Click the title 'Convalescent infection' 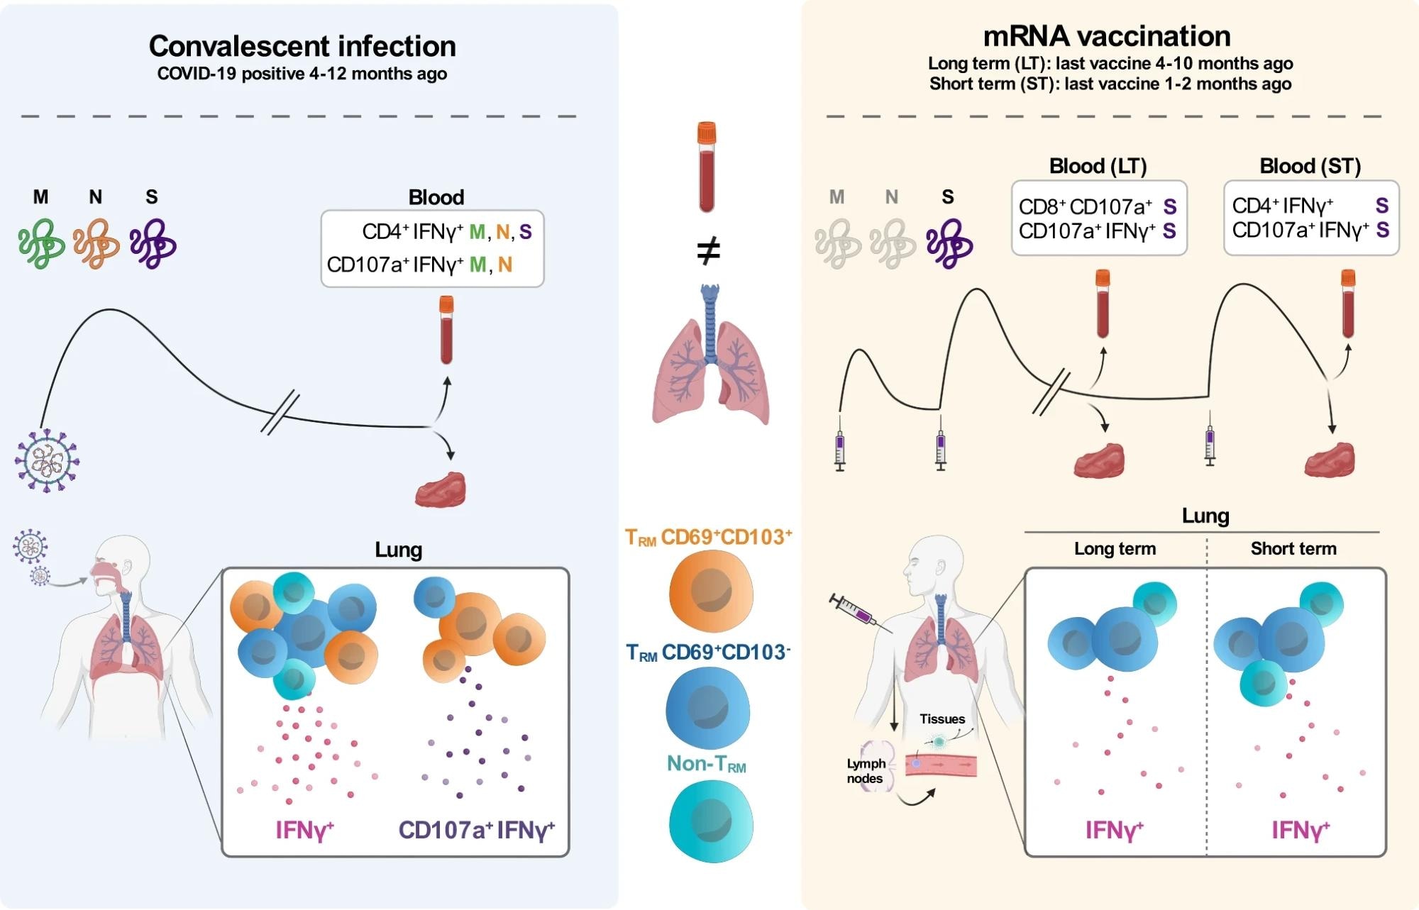[x=302, y=46]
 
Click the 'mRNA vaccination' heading [x=1107, y=36]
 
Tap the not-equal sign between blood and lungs [x=708, y=251]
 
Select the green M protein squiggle [x=41, y=243]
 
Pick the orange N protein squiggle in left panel [x=96, y=243]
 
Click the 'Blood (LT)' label [x=1098, y=166]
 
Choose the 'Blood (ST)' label [x=1310, y=166]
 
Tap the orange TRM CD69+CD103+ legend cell [x=711, y=591]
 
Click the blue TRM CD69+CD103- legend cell [x=708, y=707]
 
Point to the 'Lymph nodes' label [x=866, y=771]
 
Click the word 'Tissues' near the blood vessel [x=942, y=718]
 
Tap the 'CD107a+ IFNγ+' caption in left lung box [x=477, y=829]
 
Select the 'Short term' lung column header [x=1293, y=548]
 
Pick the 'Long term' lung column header [x=1115, y=548]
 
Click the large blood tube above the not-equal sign [x=707, y=167]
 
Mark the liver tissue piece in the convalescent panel [x=441, y=489]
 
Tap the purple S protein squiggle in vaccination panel [x=949, y=243]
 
